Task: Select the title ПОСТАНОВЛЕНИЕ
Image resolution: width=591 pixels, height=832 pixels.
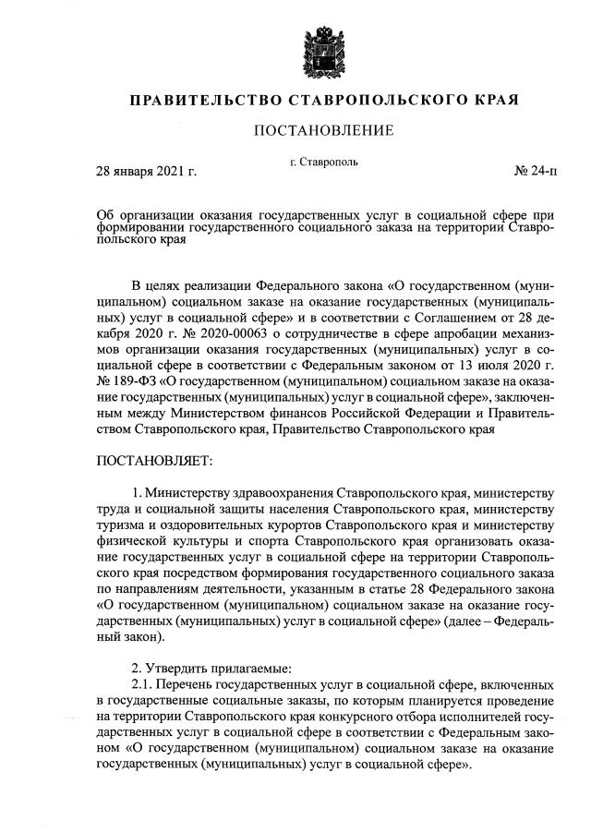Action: pos(323,130)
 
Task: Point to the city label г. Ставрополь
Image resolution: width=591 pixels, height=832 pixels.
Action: pos(323,163)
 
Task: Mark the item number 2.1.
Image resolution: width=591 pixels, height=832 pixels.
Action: pos(142,684)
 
